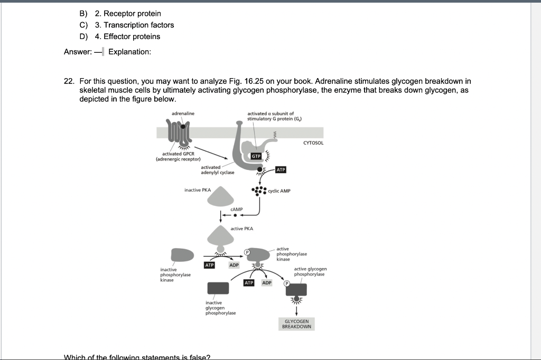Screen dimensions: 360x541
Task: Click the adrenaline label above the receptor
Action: [183, 113]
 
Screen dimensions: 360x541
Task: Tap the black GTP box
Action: [256, 157]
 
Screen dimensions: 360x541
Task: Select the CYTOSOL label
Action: [313, 143]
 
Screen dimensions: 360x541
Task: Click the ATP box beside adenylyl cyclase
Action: [281, 169]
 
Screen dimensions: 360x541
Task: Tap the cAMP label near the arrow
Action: [237, 210]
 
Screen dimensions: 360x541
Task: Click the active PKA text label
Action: [242, 229]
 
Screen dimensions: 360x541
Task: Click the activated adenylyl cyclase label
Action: [217, 169]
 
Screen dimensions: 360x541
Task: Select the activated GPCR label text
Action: [178, 156]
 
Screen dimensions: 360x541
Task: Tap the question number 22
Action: [69, 81]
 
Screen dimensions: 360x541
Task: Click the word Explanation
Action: [129, 52]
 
